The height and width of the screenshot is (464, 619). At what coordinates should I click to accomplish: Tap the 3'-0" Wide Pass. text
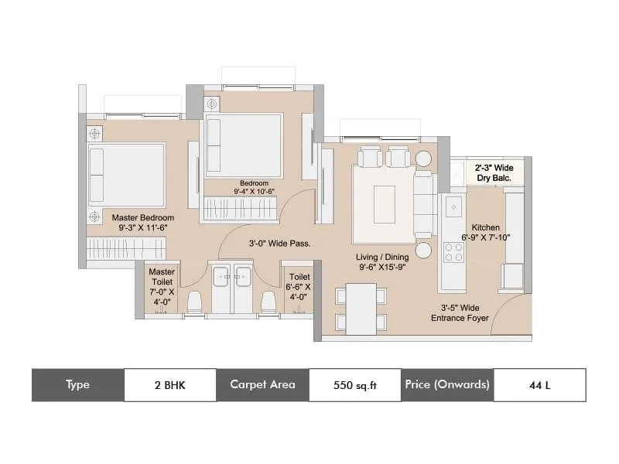coord(279,243)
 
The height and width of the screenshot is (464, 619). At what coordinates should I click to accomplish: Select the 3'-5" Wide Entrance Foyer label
coord(460,312)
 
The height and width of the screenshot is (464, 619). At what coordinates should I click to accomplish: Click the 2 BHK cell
coord(170,384)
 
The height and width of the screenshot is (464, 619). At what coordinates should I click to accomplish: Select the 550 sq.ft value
coord(354,384)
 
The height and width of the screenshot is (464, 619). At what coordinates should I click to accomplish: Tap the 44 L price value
coord(539,384)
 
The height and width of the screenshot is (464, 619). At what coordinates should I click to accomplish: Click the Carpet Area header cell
coord(262,384)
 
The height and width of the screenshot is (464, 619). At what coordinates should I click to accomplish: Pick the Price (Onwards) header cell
coord(446,384)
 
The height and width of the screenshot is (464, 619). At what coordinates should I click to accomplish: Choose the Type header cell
coord(77,384)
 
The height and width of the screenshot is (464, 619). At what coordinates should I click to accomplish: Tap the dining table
coord(361,309)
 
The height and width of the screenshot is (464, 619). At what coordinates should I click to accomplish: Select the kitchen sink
coord(453,207)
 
